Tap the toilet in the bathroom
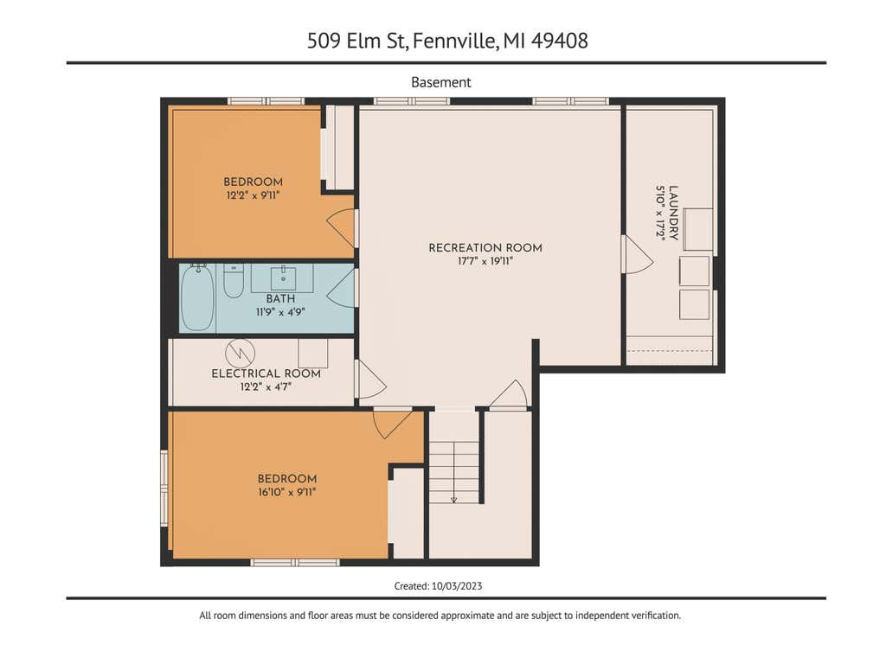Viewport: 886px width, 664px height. click(x=234, y=281)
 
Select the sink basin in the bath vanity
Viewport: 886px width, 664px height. click(x=283, y=278)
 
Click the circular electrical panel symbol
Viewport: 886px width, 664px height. click(x=241, y=354)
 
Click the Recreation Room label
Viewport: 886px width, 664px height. click(x=485, y=248)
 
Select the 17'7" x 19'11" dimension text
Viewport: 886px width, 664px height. click(x=485, y=261)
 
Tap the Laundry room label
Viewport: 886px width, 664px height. click(x=673, y=213)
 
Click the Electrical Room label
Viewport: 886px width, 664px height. click(x=266, y=373)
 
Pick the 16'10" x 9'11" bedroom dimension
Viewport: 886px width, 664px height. click(x=287, y=492)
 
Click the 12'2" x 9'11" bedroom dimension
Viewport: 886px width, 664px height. click(x=254, y=196)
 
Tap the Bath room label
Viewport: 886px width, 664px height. click(x=281, y=298)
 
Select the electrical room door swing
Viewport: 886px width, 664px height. click(x=371, y=379)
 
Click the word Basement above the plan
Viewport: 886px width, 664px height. click(x=440, y=82)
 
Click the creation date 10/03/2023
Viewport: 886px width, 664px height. click(x=457, y=586)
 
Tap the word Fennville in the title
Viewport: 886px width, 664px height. click(x=456, y=41)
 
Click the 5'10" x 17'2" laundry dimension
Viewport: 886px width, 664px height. click(x=660, y=213)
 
